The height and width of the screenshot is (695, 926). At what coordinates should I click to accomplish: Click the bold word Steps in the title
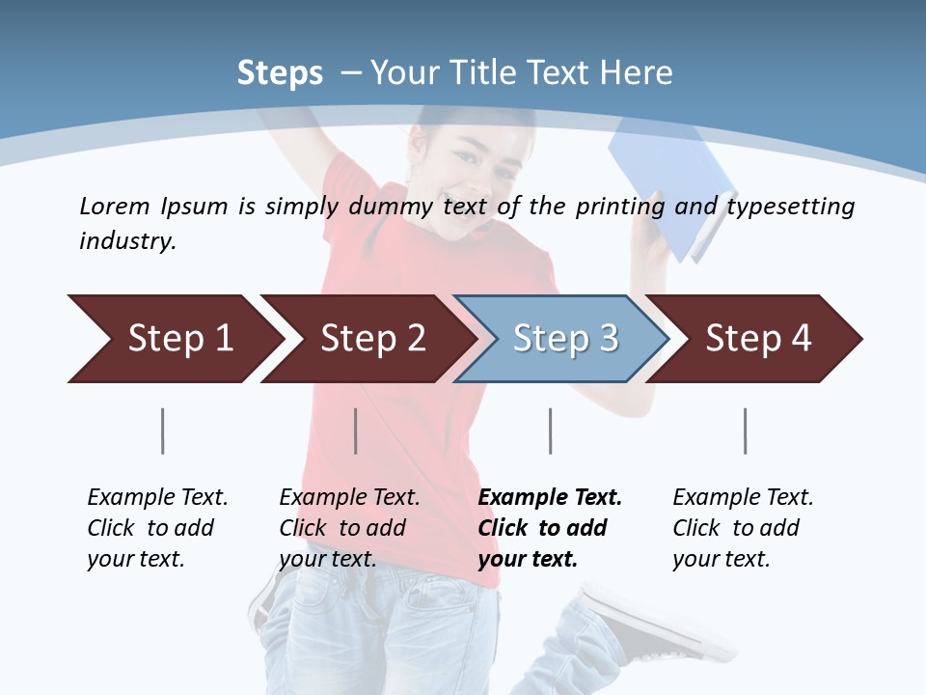[280, 73]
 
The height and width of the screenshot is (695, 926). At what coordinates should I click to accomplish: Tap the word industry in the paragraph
[126, 241]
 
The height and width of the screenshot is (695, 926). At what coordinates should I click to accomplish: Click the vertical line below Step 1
[163, 431]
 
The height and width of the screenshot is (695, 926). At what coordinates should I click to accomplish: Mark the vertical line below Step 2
[356, 431]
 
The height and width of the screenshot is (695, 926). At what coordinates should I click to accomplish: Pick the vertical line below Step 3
[551, 431]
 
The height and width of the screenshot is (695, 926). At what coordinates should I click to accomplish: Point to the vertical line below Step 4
[746, 431]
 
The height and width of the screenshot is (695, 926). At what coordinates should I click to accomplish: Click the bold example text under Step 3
[549, 528]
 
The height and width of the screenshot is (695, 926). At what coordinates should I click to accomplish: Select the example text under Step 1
[157, 528]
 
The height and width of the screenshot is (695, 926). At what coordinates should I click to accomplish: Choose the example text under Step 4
[743, 528]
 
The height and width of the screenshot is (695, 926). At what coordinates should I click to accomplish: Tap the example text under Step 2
[349, 528]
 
